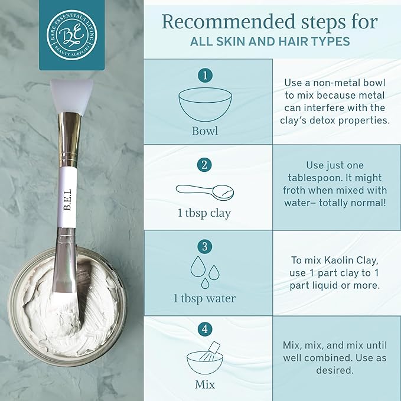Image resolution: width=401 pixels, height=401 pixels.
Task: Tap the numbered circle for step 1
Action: [205, 76]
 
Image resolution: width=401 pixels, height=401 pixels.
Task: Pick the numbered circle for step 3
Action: [205, 247]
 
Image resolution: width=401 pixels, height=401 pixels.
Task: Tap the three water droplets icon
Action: [205, 271]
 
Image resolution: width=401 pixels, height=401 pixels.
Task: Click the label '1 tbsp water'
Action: [205, 298]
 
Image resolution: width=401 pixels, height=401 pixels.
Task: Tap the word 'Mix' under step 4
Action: [205, 385]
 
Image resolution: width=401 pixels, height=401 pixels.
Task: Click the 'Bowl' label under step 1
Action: [205, 130]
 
